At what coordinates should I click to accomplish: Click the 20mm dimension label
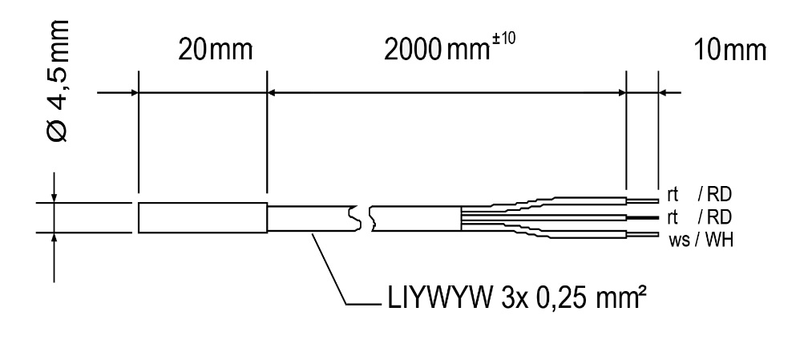[215, 51]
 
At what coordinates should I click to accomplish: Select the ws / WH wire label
[700, 238]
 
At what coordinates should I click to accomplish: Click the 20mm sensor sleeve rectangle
[202, 217]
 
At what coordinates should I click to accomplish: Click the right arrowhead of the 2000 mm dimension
[620, 93]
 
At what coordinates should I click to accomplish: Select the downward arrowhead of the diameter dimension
[55, 197]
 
